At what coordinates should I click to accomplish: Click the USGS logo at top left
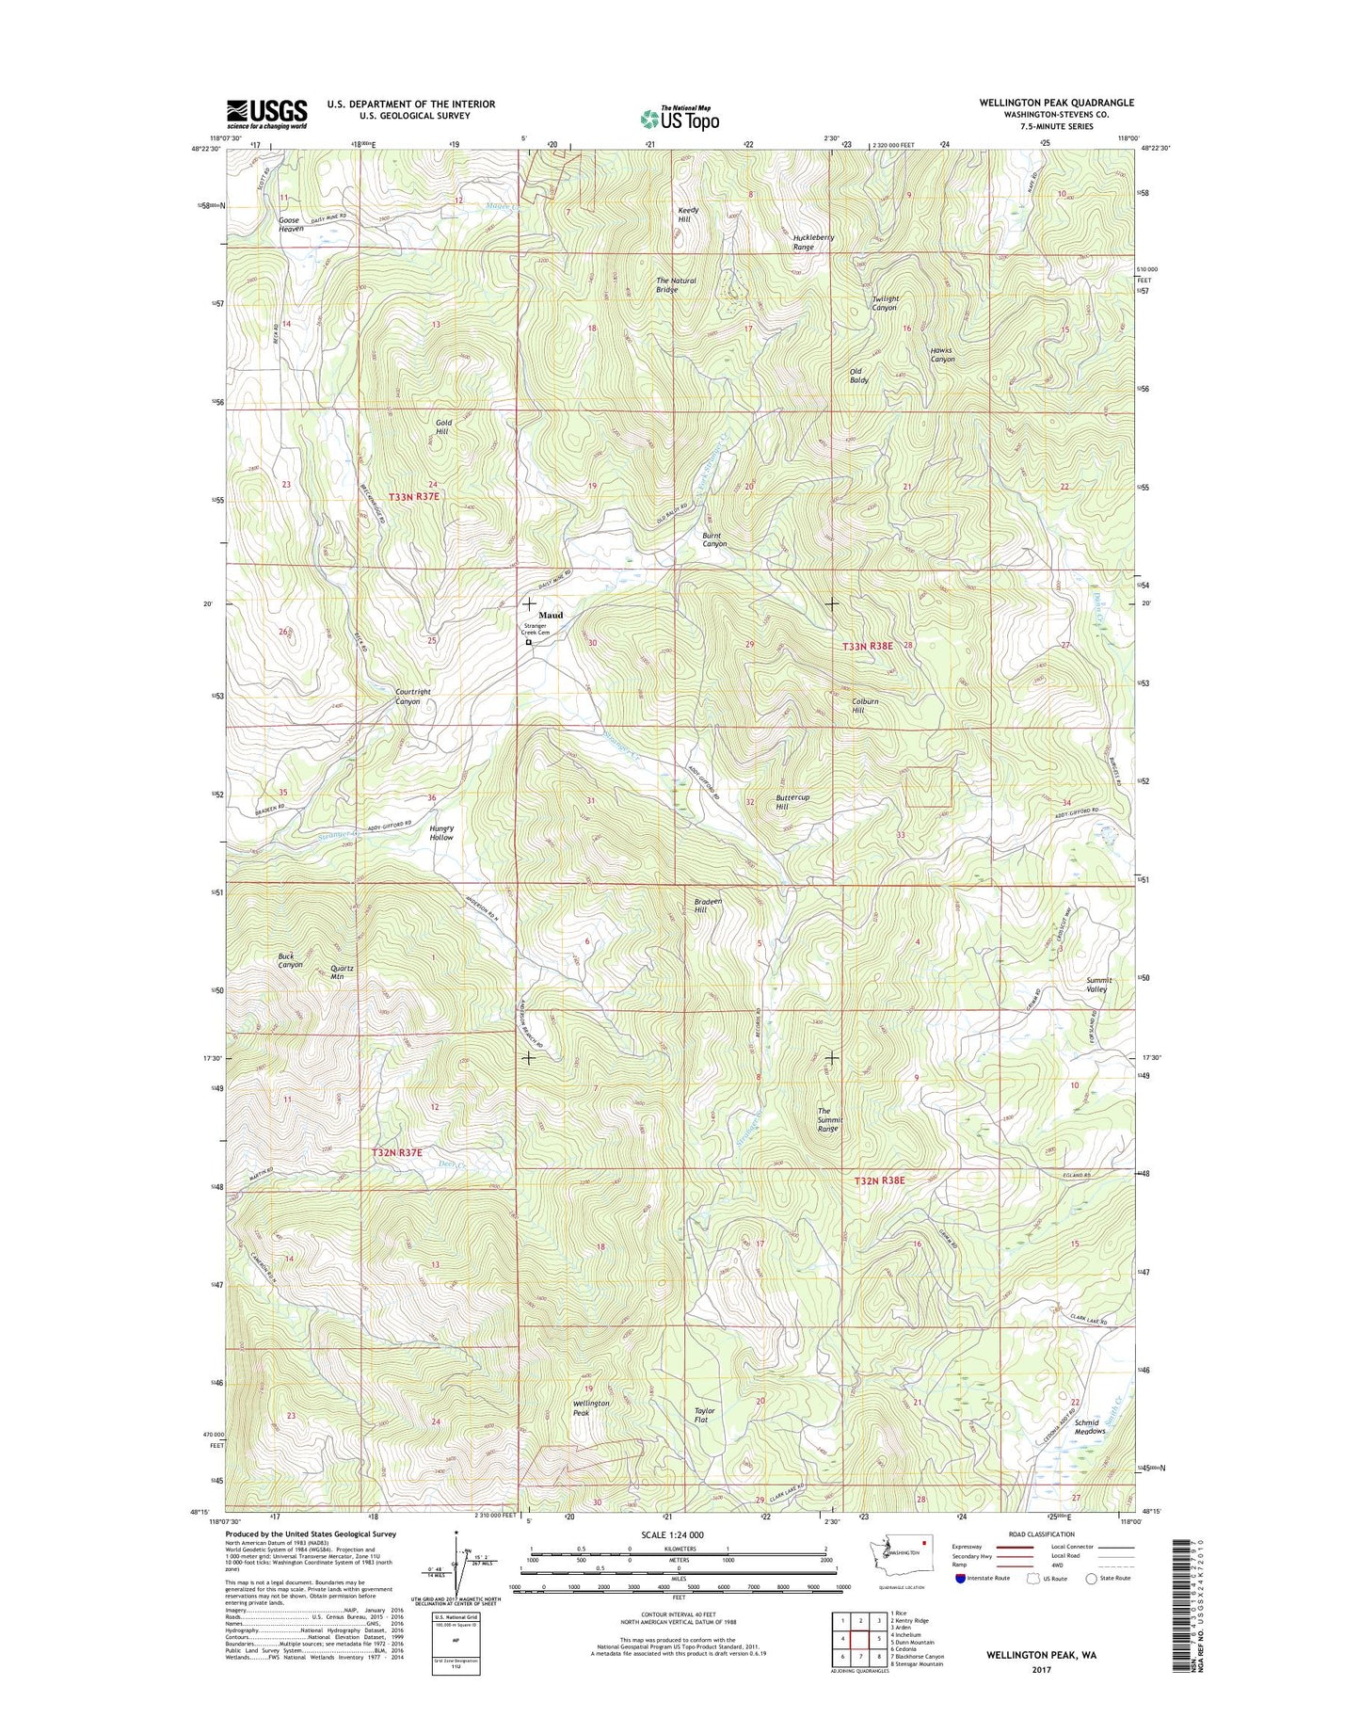(266, 114)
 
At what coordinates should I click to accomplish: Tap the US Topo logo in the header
(680, 118)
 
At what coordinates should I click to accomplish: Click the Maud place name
(551, 615)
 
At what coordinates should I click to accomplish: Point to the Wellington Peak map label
(591, 1407)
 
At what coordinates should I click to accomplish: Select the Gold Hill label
(443, 426)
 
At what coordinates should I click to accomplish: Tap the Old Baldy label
(859, 376)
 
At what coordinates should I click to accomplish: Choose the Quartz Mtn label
(342, 972)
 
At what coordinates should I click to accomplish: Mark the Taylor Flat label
(705, 1415)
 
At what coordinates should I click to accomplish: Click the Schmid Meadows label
(1087, 1427)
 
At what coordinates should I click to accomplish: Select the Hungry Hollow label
(440, 832)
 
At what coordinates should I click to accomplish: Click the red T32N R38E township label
(879, 1180)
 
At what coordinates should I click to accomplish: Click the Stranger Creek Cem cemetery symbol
(528, 643)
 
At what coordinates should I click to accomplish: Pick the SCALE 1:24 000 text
(664, 1535)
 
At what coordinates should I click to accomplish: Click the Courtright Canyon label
(413, 697)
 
